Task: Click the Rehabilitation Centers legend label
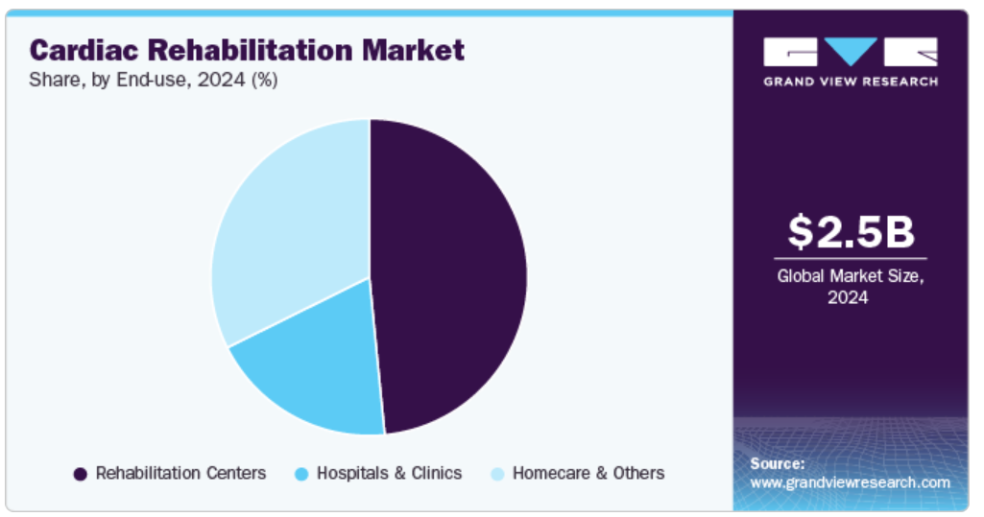point(180,473)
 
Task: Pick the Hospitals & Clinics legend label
point(389,473)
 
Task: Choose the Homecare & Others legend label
point(588,473)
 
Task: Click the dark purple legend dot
point(81,475)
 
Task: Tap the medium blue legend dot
point(301,475)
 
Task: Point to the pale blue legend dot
point(497,475)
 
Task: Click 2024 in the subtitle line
point(221,81)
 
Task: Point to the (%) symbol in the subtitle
point(265,81)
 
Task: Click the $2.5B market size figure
point(851,231)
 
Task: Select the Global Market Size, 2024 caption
point(851,287)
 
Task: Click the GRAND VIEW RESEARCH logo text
point(851,82)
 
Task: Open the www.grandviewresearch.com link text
point(851,482)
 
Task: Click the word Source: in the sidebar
point(778,463)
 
